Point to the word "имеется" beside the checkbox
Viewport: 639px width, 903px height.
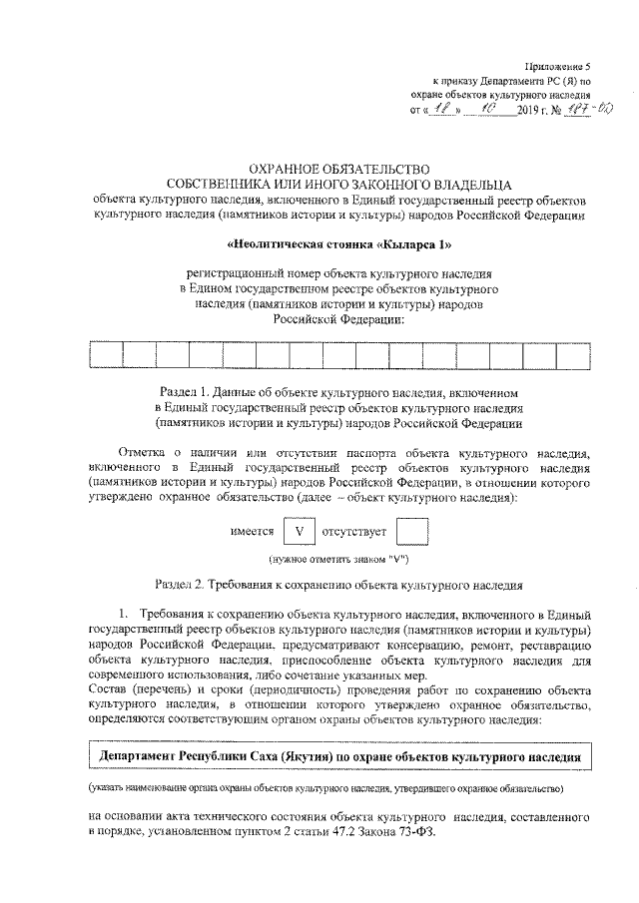pyautogui.click(x=253, y=532)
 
